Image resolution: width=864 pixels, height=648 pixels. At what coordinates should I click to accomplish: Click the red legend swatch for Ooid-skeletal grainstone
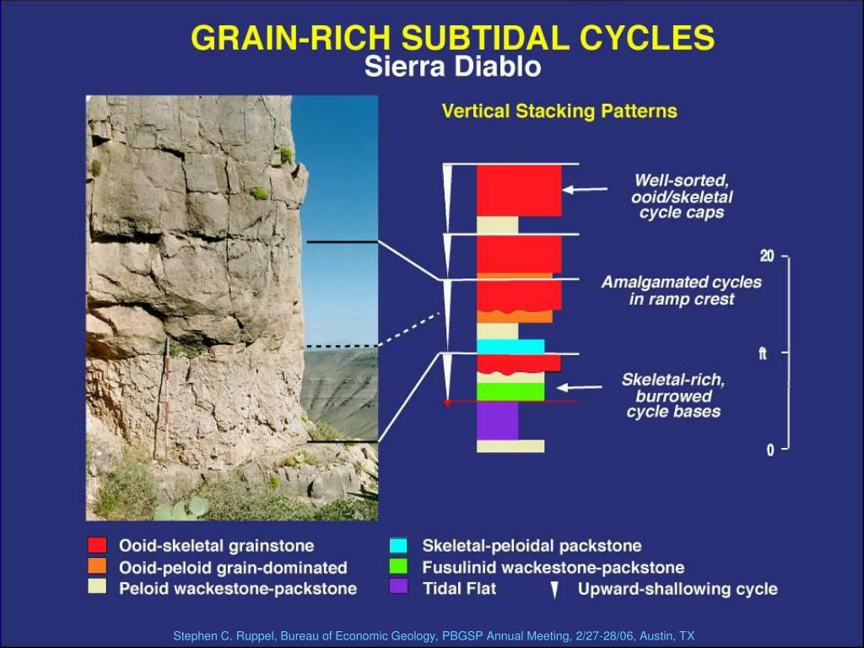click(98, 545)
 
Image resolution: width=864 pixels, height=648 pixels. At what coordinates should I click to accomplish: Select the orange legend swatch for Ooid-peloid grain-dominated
click(98, 566)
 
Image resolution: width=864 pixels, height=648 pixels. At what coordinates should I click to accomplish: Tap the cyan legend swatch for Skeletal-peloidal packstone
click(398, 545)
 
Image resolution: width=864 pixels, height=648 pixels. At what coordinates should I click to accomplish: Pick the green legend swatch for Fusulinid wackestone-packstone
click(398, 566)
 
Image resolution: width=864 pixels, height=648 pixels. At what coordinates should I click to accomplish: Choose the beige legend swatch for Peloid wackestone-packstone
click(98, 587)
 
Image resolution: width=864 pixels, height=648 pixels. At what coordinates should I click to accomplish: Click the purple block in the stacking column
click(497, 420)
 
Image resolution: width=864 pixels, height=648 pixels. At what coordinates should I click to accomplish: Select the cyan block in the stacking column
click(510, 346)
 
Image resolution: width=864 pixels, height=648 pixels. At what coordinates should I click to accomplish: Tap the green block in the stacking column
click(510, 391)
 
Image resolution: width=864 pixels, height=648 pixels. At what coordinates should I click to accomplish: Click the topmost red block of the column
click(518, 190)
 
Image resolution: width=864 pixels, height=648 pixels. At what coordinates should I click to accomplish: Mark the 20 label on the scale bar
click(767, 256)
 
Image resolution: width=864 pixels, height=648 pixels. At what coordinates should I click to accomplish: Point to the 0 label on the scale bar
click(770, 451)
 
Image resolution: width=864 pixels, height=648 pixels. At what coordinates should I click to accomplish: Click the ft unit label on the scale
click(763, 354)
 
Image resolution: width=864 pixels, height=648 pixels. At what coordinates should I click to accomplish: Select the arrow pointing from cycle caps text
click(585, 191)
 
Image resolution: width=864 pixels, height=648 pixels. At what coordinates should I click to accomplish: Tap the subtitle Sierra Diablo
click(452, 67)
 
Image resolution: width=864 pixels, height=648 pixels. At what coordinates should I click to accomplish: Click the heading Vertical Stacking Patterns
click(559, 111)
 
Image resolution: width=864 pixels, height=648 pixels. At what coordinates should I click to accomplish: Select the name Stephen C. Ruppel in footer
click(220, 636)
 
